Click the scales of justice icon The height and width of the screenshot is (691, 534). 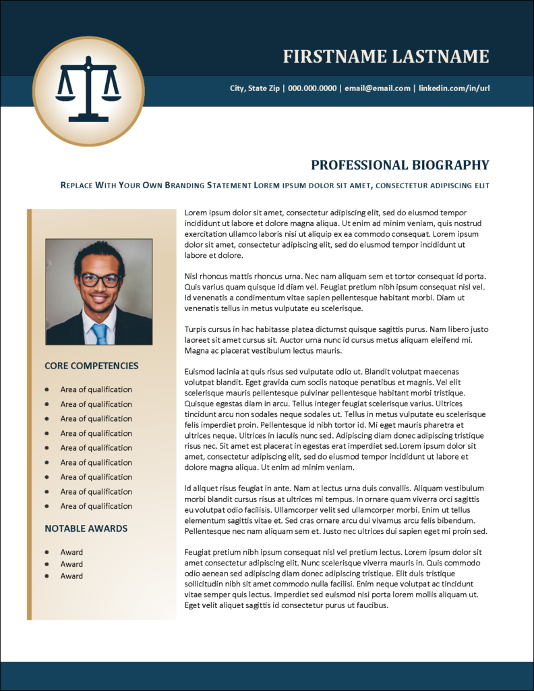tap(88, 90)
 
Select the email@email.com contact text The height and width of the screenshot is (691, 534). tap(378, 88)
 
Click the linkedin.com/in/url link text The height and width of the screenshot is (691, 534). tap(454, 88)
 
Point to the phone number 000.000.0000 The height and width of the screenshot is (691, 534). tap(312, 88)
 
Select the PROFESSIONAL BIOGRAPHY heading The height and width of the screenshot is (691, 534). tap(400, 165)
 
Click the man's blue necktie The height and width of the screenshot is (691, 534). tap(100, 333)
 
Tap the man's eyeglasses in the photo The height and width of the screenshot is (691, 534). tap(99, 279)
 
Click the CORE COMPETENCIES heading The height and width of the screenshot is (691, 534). tap(92, 366)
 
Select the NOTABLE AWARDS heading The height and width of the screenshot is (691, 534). tap(86, 528)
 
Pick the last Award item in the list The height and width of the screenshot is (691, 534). tap(71, 576)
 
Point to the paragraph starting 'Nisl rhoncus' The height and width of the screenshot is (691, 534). tap(335, 292)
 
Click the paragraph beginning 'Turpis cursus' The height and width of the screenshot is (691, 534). tap(335, 340)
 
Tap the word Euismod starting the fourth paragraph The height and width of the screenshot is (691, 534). tap(201, 371)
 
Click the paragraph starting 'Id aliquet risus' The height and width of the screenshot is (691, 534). tap(335, 509)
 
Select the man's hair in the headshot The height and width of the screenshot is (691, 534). tap(99, 252)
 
